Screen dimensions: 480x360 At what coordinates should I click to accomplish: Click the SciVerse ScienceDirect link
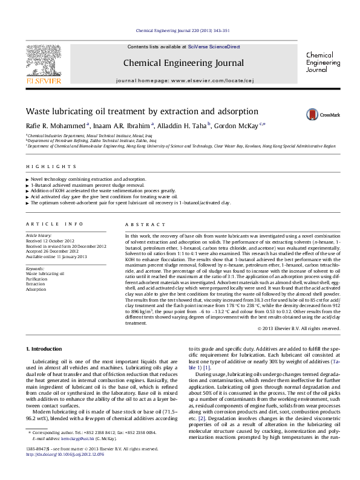pos(214,47)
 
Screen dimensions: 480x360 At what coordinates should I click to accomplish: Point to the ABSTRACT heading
pos(136,223)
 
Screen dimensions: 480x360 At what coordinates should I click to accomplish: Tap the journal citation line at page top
pos(179,29)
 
